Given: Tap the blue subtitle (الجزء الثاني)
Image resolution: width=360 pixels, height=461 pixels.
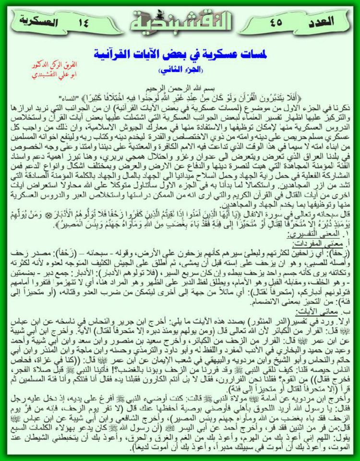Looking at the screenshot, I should click(x=180, y=70).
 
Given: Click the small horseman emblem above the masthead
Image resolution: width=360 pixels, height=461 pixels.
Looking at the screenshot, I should click(x=180, y=5).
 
